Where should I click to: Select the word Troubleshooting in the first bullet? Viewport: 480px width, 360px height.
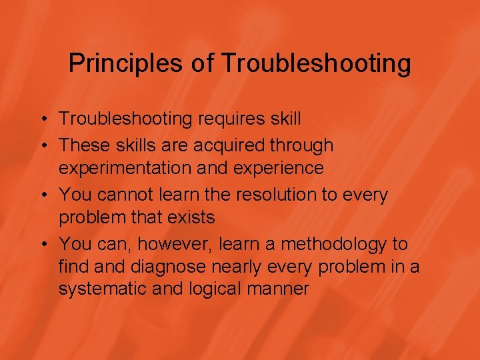coord(125,119)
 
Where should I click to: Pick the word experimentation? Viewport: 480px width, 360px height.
coord(125,168)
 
